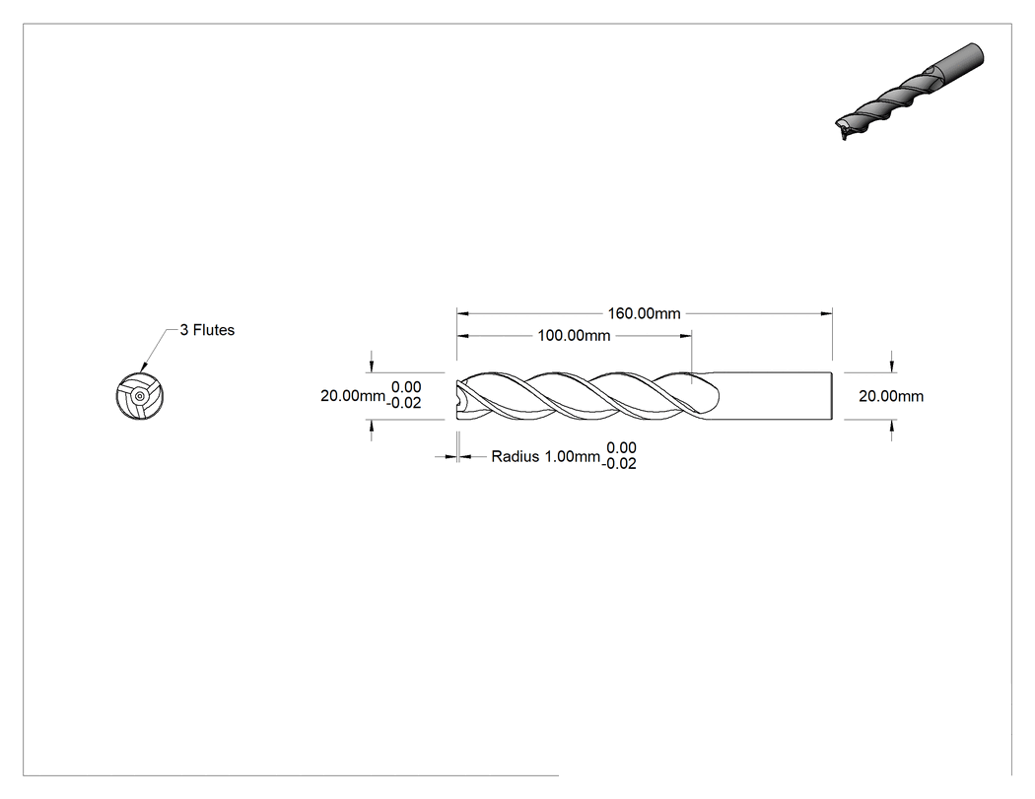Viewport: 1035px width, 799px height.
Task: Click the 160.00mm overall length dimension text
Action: click(644, 313)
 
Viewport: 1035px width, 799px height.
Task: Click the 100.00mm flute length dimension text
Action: click(574, 336)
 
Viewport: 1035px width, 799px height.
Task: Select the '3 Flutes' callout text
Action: click(207, 330)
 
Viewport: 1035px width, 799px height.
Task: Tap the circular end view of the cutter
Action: click(139, 396)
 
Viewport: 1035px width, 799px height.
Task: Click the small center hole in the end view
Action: click(139, 396)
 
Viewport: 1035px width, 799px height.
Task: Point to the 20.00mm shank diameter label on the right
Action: click(891, 396)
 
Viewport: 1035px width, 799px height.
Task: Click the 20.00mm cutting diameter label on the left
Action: click(353, 396)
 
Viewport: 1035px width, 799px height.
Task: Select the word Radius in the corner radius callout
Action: click(515, 456)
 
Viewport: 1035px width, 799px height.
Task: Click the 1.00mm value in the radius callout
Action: click(572, 456)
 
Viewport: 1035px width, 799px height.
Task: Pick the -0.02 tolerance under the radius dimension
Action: click(619, 464)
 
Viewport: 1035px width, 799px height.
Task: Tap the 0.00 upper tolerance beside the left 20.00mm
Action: click(406, 387)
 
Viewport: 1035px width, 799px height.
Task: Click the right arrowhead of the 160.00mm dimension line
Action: click(826, 313)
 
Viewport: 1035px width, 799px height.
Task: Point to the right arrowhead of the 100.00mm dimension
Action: click(686, 336)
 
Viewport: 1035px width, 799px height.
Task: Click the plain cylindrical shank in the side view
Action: click(772, 396)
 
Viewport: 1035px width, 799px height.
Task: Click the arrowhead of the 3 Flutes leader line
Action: click(144, 366)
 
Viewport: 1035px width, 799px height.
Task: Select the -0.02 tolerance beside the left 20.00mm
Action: click(404, 403)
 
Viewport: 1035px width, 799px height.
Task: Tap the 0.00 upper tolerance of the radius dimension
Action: click(621, 448)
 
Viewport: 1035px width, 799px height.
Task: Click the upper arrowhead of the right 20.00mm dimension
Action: click(892, 366)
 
